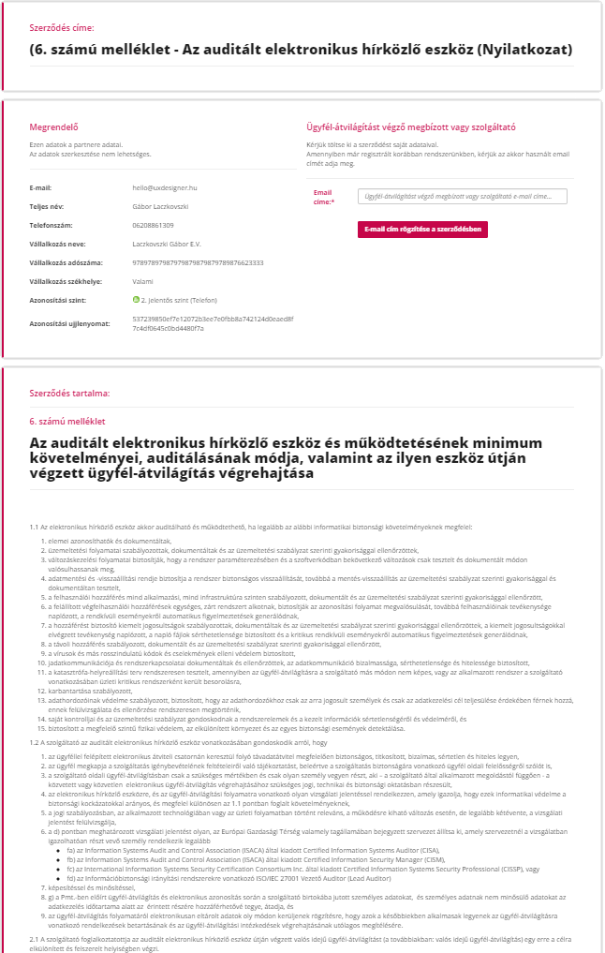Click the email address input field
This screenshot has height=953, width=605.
tap(463, 196)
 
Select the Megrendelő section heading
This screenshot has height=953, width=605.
tap(54, 127)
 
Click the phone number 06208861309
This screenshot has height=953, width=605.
tap(154, 225)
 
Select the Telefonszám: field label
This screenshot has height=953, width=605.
tap(53, 225)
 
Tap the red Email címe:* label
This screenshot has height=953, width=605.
tap(324, 197)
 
